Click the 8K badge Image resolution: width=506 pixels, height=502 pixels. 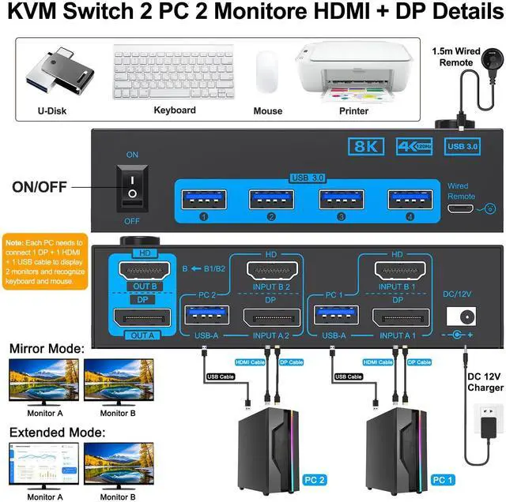tap(368, 147)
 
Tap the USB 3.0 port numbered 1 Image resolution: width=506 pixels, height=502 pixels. tap(202, 200)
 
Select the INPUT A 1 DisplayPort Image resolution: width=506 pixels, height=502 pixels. tap(398, 318)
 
